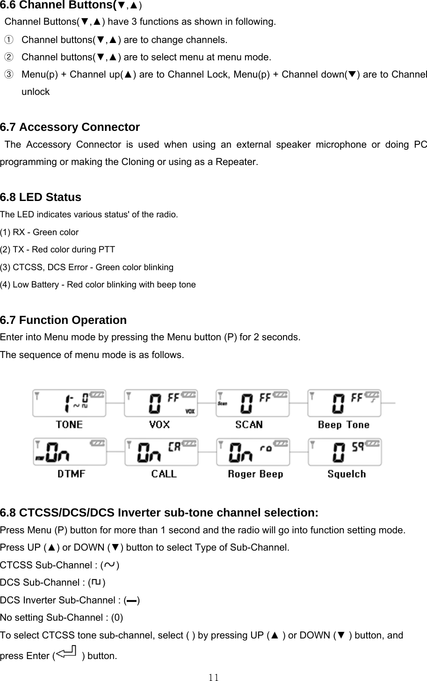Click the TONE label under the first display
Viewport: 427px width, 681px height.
(69, 424)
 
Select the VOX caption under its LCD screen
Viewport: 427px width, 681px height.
(159, 424)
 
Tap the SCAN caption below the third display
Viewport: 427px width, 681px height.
(249, 424)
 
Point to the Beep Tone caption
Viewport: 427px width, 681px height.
(343, 424)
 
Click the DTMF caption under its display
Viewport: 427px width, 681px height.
(71, 474)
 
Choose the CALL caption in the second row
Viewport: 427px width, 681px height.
(164, 474)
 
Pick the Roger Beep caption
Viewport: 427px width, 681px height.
(255, 474)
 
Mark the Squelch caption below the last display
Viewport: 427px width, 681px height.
(347, 474)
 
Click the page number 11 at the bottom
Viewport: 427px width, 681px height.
(214, 677)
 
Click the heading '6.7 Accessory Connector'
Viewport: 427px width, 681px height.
(70, 127)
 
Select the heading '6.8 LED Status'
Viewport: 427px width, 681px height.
(41, 197)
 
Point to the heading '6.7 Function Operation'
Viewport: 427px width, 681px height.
(63, 320)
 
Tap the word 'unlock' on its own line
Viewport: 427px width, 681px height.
(36, 92)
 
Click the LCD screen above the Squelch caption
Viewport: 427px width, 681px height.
(345, 452)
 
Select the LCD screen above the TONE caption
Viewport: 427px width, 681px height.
(69, 402)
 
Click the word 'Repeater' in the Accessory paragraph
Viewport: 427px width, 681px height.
(239, 162)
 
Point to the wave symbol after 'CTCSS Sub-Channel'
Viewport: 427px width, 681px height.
(109, 565)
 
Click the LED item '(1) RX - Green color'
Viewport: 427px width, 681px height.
(39, 232)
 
